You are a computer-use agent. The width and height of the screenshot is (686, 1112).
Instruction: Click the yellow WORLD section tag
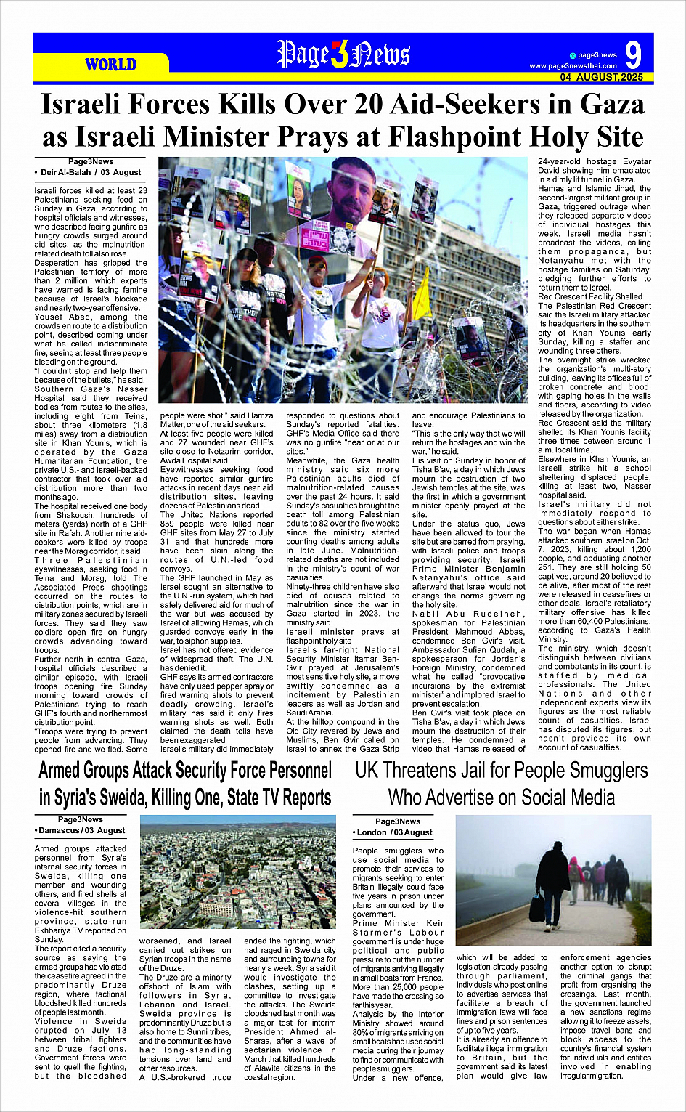[110, 65]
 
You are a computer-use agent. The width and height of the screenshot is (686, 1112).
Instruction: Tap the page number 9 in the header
[633, 56]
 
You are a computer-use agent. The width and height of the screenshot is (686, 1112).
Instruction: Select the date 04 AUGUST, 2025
[601, 77]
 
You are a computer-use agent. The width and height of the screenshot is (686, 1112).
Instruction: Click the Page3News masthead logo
[343, 55]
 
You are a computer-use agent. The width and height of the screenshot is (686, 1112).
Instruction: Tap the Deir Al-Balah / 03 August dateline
[89, 172]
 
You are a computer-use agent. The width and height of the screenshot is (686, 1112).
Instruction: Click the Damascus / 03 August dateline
[81, 830]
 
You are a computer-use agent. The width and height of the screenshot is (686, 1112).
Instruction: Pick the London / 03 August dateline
[393, 832]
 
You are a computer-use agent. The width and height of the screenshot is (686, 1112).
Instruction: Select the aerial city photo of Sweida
[237, 874]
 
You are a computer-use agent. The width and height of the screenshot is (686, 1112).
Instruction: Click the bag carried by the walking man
[538, 907]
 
